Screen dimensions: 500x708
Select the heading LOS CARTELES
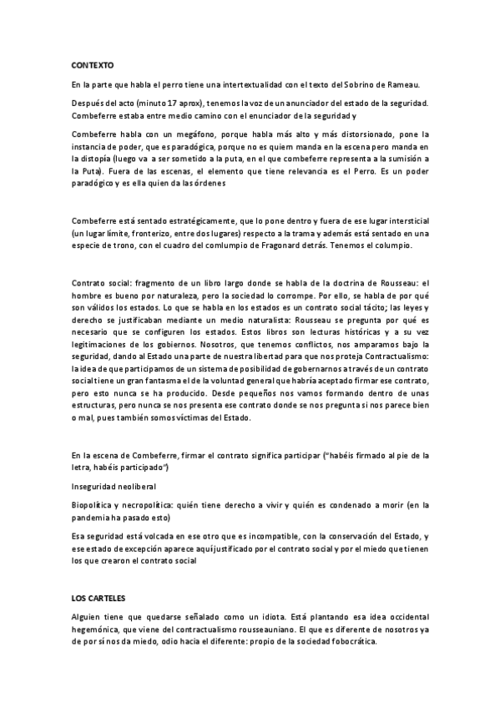tap(98, 598)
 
